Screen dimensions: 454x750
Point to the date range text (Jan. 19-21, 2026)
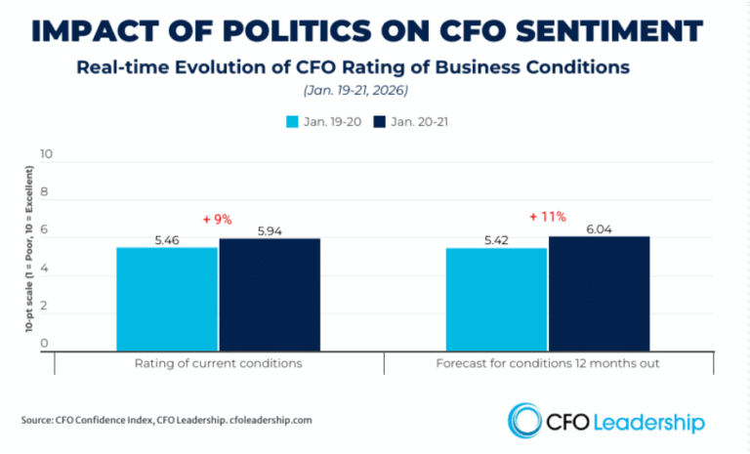375,90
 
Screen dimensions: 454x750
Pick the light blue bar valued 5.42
496,300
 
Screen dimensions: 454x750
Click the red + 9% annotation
217,220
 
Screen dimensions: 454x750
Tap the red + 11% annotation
547,217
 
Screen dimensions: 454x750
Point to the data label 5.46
167,238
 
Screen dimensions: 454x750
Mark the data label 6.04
599,227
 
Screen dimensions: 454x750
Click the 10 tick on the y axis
45,155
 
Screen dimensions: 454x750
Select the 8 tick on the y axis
45,195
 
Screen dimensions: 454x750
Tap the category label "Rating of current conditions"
218,364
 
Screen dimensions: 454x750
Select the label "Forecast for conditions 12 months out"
547,364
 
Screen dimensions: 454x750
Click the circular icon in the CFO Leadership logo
525,421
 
